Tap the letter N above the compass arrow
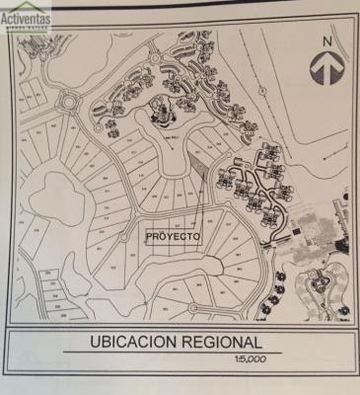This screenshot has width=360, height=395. [x=327, y=40]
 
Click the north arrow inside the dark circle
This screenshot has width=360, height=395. [x=326, y=69]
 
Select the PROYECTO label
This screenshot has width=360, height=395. [x=173, y=237]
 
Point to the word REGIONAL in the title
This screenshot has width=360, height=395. [x=221, y=342]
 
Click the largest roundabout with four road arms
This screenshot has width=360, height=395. [x=70, y=100]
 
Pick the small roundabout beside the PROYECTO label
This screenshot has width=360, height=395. [x=122, y=236]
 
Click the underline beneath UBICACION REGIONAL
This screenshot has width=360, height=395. [x=168, y=352]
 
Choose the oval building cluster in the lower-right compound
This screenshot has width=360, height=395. [x=319, y=287]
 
